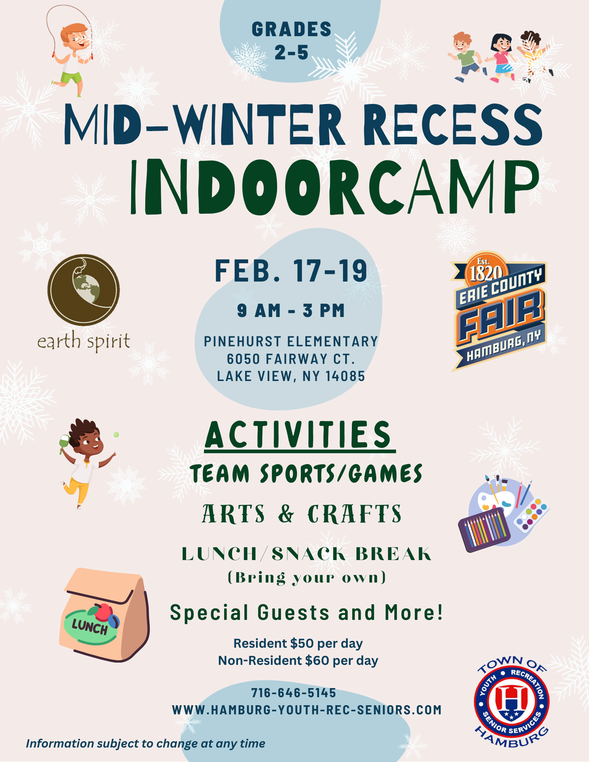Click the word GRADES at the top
292,30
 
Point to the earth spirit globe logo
83,290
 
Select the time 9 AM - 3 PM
291,311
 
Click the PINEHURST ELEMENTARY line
291,341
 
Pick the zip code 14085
345,376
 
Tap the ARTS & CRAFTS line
302,514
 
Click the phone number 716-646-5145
294,693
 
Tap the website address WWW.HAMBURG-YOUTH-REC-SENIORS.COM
307,710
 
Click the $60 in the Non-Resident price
317,660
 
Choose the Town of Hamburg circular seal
511,701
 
